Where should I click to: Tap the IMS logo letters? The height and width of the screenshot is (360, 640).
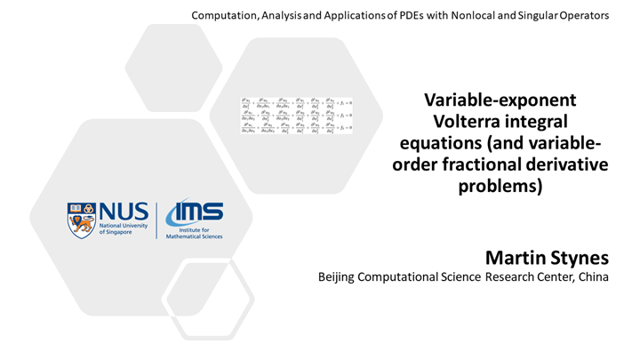(198, 213)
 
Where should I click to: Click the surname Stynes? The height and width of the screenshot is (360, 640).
(581, 259)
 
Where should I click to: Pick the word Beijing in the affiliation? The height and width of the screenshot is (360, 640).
(340, 278)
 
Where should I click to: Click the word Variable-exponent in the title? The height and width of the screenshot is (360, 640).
(500, 100)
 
